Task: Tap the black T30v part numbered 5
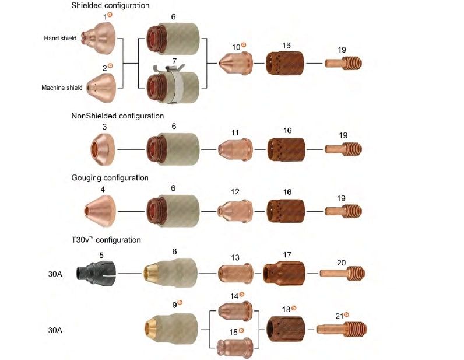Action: (100, 272)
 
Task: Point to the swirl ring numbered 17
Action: (284, 272)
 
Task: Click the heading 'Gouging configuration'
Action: (110, 177)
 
